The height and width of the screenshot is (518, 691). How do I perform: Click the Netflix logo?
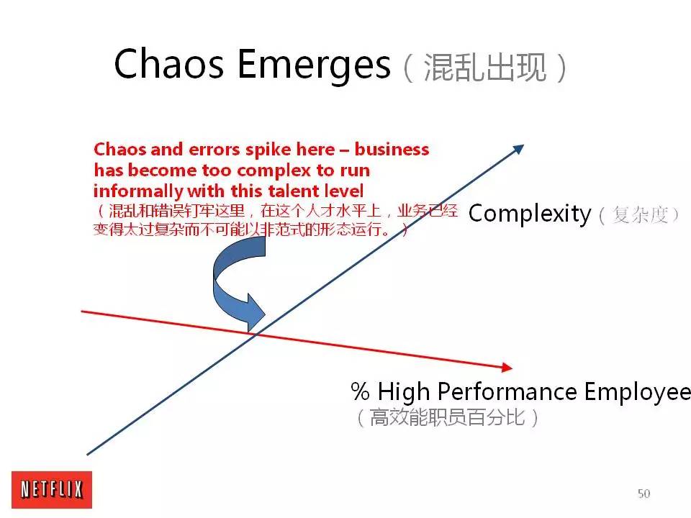[x=51, y=490]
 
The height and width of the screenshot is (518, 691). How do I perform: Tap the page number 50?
[x=643, y=494]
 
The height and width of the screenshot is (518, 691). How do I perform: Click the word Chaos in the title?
[x=169, y=65]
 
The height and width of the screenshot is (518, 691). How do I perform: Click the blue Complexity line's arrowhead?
[x=518, y=150]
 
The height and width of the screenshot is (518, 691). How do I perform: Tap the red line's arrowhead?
[x=507, y=367]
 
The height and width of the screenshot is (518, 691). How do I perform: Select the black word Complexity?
[x=530, y=214]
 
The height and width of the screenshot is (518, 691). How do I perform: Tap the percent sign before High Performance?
[x=360, y=392]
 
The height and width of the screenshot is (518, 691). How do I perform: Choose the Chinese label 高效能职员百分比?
[x=446, y=417]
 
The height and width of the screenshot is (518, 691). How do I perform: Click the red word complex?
[x=274, y=171]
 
